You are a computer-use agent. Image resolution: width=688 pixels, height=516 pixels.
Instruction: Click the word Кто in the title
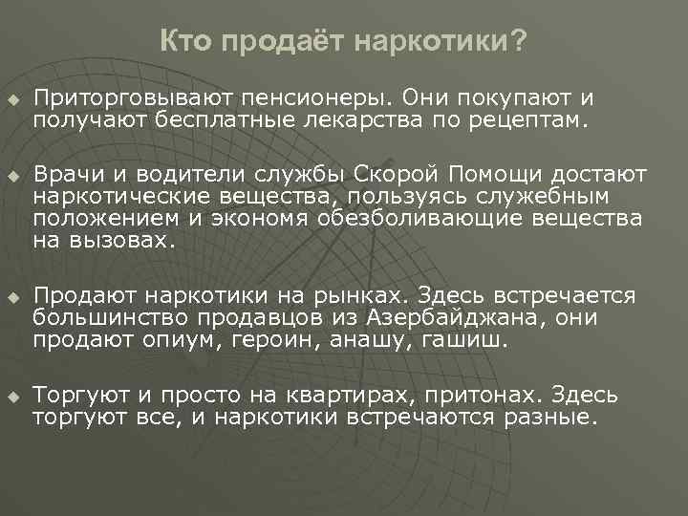coord(183,41)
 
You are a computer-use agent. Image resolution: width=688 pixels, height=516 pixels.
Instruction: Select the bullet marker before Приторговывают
coord(11,99)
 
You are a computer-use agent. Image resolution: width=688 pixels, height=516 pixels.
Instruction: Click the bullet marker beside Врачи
coord(11,177)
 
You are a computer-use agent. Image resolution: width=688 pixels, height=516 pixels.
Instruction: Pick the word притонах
coord(469,395)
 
